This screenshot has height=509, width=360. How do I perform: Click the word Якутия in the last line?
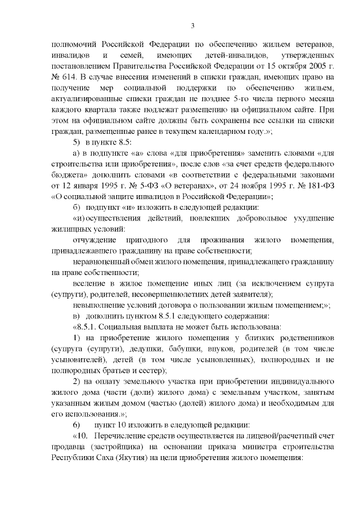[145, 457]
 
